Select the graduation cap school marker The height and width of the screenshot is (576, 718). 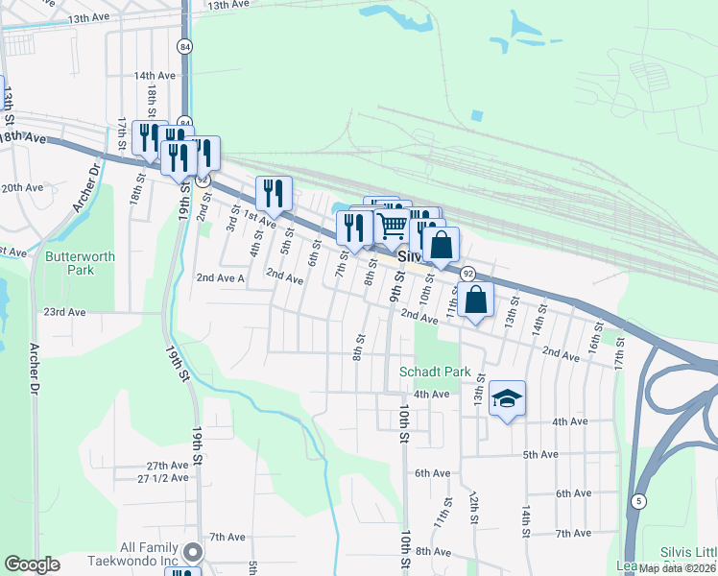pos(507,399)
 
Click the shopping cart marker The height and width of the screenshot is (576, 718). pos(393,228)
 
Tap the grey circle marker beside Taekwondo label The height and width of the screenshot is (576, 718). pos(193,552)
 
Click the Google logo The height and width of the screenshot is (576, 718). pos(32,564)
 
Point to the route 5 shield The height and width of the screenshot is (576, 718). pos(638,501)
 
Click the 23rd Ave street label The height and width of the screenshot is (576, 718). pos(64,312)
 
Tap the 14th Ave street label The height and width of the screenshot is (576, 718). pos(155,75)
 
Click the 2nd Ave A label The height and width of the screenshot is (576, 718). pos(221,277)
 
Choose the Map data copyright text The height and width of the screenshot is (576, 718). pos(676,568)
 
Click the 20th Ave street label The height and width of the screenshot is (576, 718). pos(21,187)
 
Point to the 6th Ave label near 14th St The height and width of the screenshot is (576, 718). pos(573,493)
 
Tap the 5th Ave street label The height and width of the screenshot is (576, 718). pos(540,454)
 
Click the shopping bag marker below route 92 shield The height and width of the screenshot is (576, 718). pos(476,300)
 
